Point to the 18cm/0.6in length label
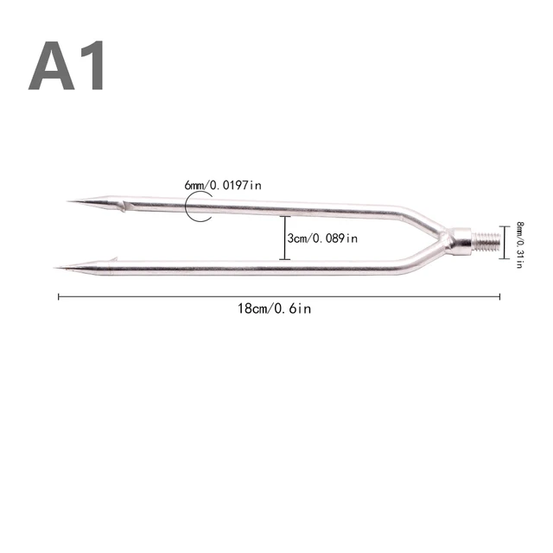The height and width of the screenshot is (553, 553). click(x=274, y=308)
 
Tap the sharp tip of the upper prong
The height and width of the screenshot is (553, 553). click(x=69, y=202)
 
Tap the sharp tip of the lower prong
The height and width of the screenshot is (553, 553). click(x=55, y=267)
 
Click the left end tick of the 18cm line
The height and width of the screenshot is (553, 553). click(x=59, y=296)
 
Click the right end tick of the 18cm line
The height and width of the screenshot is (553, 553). click(x=499, y=296)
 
